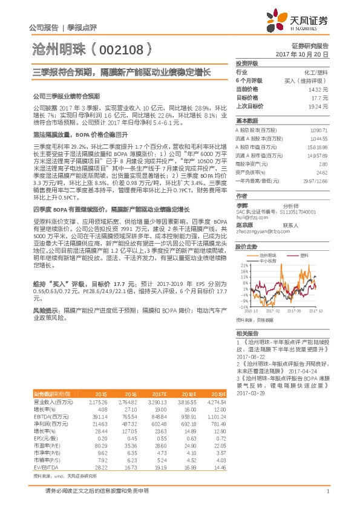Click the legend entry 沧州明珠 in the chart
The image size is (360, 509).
(x=267, y=255)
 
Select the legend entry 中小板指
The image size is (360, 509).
(x=267, y=261)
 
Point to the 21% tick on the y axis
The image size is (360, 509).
(x=243, y=265)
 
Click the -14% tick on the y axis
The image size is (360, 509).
(x=243, y=306)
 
